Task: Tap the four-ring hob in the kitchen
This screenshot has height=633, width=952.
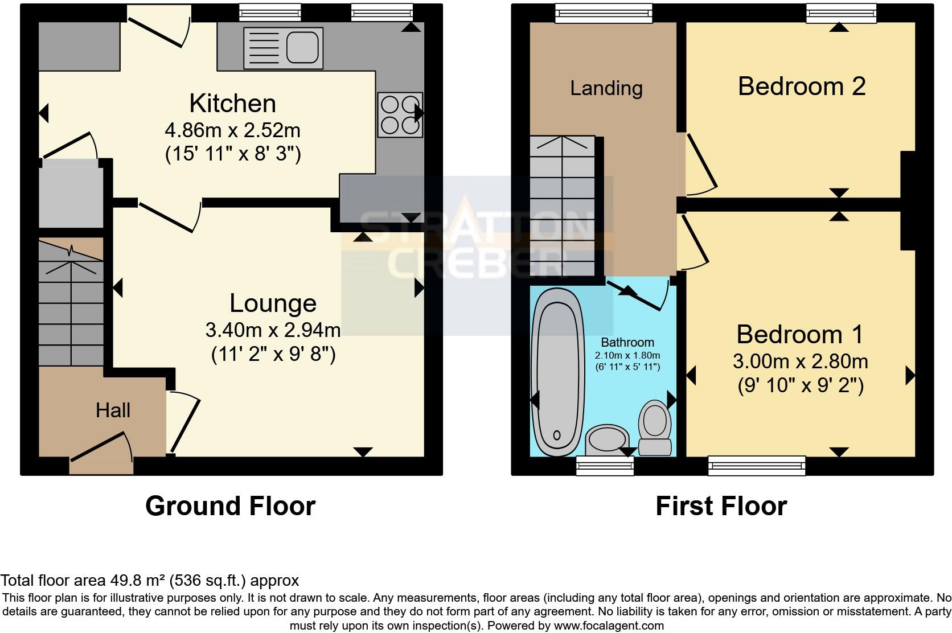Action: point(400,114)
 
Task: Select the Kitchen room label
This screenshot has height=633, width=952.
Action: point(232,104)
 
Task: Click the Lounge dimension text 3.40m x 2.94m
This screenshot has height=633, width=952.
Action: point(273,330)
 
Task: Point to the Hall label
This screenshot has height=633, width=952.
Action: point(113,410)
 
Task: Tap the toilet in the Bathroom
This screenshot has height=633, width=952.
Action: point(655,428)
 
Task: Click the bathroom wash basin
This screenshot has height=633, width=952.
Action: point(607,440)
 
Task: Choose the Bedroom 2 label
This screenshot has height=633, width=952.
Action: point(801,87)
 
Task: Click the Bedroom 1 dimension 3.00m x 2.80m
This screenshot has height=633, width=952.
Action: point(800,361)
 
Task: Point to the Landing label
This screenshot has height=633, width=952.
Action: point(606,88)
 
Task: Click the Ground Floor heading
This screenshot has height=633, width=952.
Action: point(230,506)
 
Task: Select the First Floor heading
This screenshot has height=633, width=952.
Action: point(721,506)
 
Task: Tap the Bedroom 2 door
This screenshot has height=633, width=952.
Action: point(700,164)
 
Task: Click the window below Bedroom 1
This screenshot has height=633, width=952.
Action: point(757,466)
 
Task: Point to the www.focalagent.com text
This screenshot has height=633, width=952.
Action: point(608,626)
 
